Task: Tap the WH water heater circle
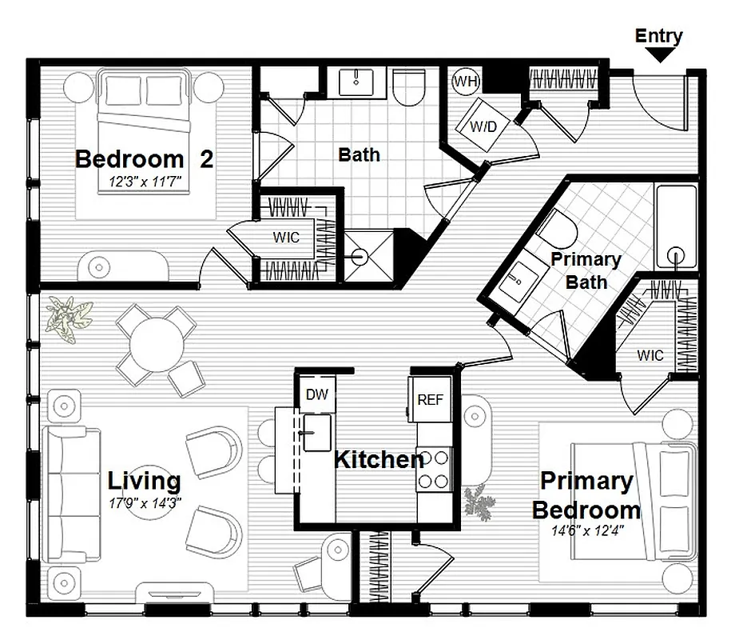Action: point(465,81)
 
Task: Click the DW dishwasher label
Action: point(316,394)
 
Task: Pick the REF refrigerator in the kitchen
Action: point(429,400)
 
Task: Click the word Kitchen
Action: point(378,460)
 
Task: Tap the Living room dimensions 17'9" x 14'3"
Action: point(145,503)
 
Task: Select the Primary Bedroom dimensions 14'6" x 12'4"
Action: point(586,530)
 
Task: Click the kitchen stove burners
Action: point(435,470)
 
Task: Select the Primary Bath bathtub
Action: point(676,226)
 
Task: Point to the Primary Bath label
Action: point(586,270)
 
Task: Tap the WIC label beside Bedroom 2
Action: point(286,238)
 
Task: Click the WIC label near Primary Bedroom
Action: point(650,356)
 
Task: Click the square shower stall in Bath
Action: point(368,256)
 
